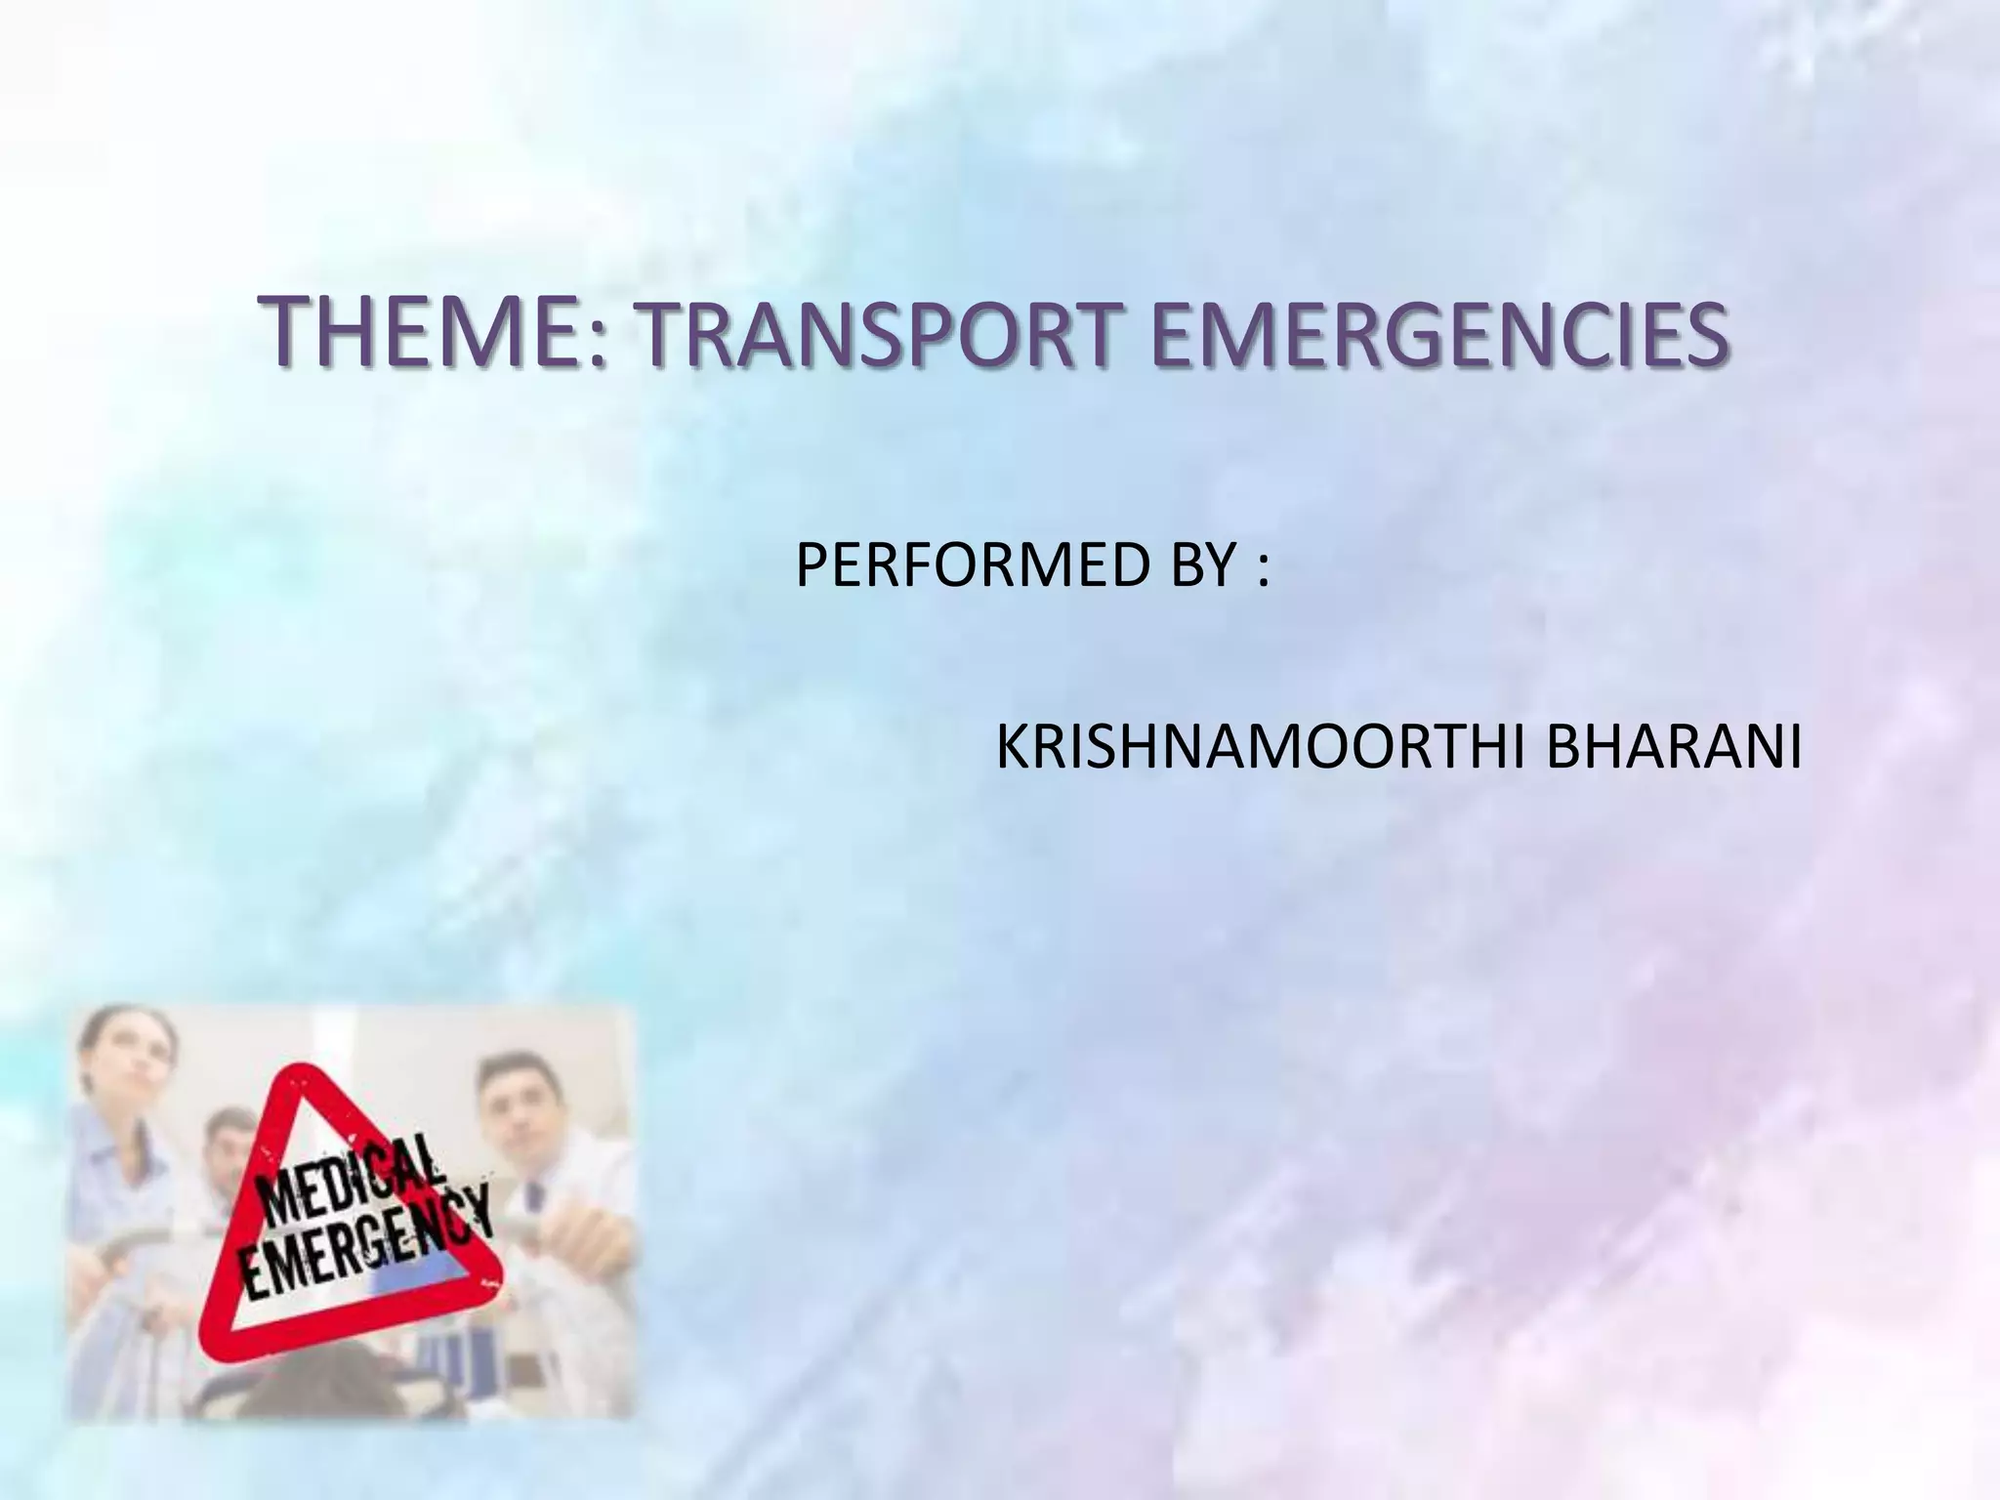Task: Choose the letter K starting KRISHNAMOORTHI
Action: click(x=1011, y=750)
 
